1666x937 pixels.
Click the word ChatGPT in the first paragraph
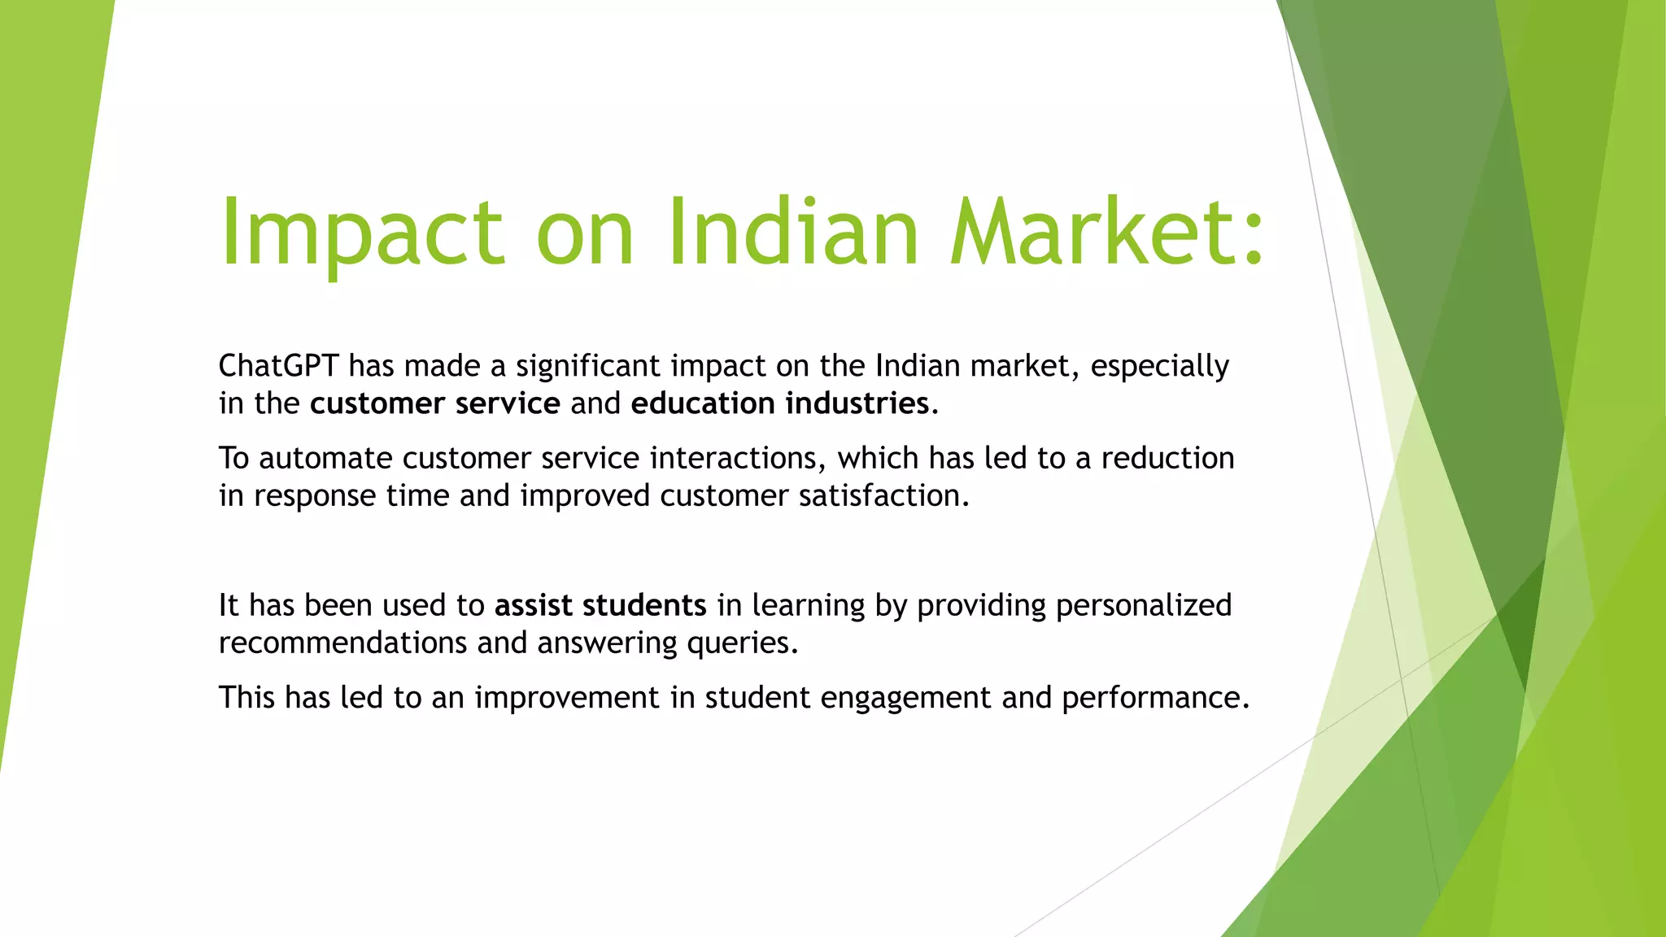click(278, 366)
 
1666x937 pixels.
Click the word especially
click(1159, 367)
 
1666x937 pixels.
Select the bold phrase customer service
click(434, 403)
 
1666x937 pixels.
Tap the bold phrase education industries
click(779, 403)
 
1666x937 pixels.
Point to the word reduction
click(1167, 459)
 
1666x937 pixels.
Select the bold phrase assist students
click(600, 606)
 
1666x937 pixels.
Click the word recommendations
click(342, 643)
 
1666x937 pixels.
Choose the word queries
click(742, 644)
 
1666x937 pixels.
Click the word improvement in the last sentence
click(567, 699)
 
